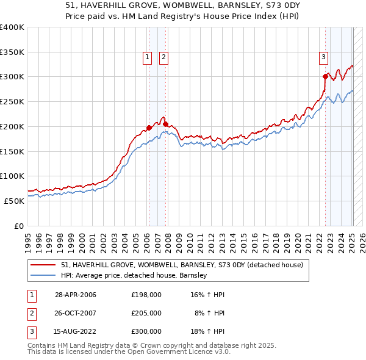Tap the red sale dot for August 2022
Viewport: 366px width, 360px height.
(325, 76)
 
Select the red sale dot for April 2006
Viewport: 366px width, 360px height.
(149, 128)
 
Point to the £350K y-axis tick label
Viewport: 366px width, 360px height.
(12, 52)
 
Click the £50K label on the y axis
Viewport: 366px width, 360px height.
(15, 201)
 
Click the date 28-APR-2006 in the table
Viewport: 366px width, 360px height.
(75, 295)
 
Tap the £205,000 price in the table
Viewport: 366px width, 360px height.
(146, 313)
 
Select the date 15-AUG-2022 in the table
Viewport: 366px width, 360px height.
(75, 331)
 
